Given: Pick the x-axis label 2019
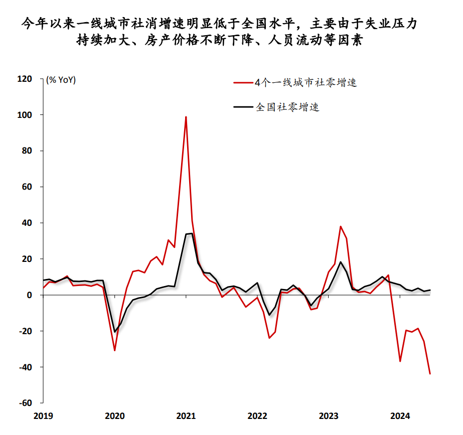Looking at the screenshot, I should coord(44,415).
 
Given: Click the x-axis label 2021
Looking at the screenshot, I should coord(186,415).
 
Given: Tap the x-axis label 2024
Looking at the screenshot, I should coord(400,415).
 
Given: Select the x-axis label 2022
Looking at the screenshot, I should coord(257,415).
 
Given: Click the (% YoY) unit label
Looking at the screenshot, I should coord(61,79).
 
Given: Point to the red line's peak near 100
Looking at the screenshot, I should coord(186,117).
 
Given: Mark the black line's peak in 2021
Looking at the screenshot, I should coord(191,233).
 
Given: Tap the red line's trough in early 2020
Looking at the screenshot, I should coord(115,350).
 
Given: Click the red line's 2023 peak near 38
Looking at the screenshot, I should coord(341,226).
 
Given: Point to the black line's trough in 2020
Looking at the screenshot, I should coord(115,332).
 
